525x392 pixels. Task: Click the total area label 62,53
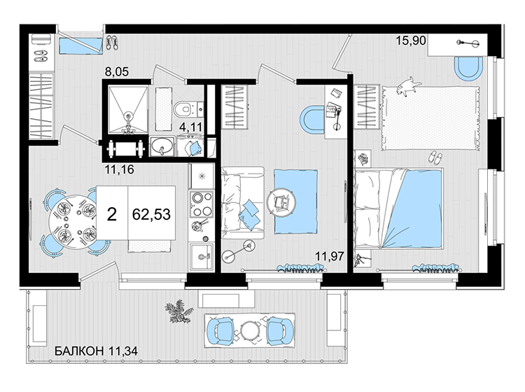pos(151,214)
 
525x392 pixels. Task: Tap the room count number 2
pos(111,214)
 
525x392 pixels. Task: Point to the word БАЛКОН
pos(78,351)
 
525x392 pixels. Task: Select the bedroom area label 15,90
pos(411,41)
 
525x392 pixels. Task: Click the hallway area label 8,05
pos(116,71)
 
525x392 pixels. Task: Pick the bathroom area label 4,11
pos(191,127)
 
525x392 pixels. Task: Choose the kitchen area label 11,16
pos(119,169)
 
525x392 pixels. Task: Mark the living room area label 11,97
pos(330,256)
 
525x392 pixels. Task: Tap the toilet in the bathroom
pos(188,108)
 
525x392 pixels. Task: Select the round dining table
pos(73,222)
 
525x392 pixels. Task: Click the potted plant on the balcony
pos(178,311)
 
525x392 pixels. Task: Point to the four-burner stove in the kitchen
pos(202,204)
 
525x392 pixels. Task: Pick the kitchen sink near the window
pos(201,257)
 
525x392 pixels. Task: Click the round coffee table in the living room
pos(281,202)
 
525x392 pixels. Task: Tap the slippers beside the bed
pos(435,157)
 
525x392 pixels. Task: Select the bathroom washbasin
pos(162,146)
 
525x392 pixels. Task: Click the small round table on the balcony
pos(249,330)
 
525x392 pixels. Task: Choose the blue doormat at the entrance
pos(80,46)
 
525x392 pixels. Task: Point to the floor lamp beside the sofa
pos(239,251)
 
